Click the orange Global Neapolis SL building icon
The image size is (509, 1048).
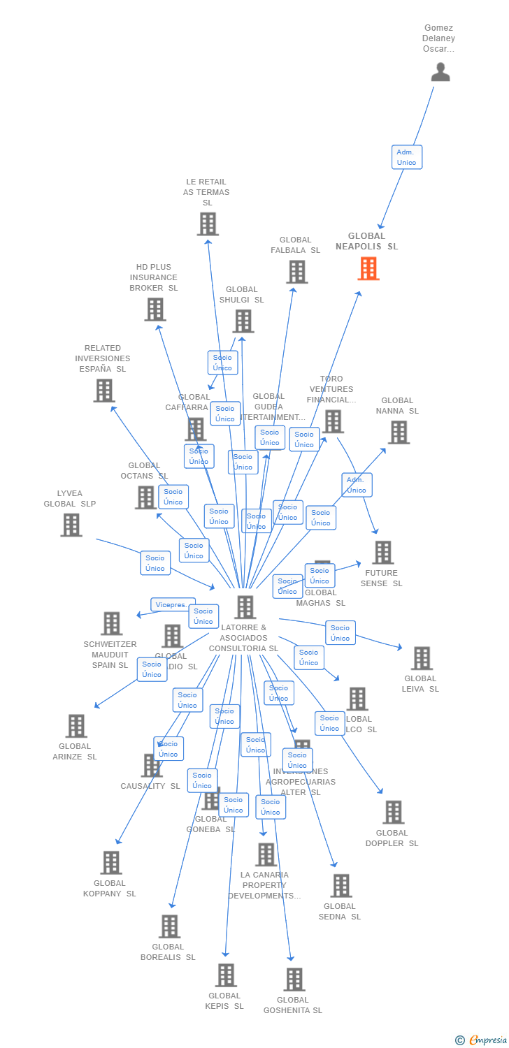[368, 268]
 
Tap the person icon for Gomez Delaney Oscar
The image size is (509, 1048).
[440, 72]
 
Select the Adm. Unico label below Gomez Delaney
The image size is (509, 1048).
[406, 157]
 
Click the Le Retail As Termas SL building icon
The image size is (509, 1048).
[208, 224]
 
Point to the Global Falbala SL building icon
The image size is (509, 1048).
[297, 272]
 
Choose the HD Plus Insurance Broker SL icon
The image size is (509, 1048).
[155, 309]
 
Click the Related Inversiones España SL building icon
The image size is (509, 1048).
[104, 391]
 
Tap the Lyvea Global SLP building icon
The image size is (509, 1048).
[71, 525]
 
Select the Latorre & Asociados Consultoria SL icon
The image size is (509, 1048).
[245, 607]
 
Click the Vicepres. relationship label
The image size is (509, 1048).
[171, 604]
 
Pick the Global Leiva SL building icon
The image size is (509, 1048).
[422, 658]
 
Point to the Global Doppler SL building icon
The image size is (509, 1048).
[393, 812]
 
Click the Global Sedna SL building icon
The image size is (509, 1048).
[341, 885]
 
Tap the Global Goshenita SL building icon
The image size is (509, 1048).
[294, 980]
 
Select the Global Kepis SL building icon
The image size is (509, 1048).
[226, 975]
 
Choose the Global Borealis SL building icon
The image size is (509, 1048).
[169, 926]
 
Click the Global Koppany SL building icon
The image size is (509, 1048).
[111, 863]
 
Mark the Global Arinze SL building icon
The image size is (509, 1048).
[76, 726]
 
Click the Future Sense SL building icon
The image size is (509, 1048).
[382, 553]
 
